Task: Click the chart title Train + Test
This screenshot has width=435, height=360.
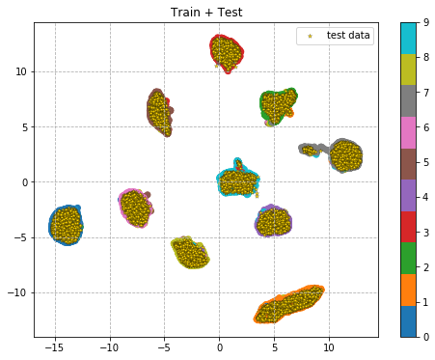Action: [206, 13]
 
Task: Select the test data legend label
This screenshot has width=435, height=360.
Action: [348, 36]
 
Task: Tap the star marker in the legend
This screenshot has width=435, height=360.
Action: [310, 36]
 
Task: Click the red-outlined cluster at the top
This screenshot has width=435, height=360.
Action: [227, 52]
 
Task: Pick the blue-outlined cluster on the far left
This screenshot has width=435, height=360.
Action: [66, 225]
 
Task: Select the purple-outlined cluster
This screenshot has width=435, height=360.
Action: [273, 221]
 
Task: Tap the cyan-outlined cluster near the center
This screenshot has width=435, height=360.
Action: [236, 180]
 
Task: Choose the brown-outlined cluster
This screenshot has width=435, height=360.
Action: [159, 112]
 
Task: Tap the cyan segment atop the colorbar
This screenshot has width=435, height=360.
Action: [409, 38]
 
